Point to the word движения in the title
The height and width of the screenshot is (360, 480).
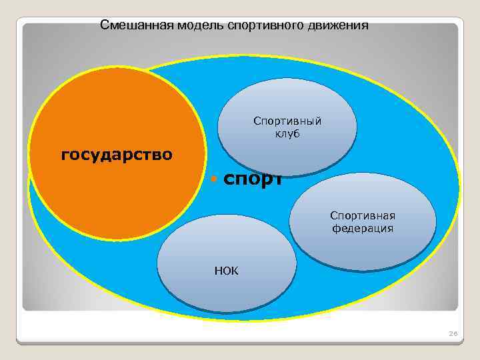point(337,26)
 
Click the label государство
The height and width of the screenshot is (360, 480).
point(117,155)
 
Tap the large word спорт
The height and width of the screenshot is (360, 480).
point(253,179)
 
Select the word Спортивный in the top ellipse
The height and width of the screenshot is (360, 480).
point(287,121)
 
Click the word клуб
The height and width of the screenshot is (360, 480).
point(287,133)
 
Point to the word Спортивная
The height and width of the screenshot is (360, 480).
point(363,215)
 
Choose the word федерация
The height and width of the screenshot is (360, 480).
point(363,228)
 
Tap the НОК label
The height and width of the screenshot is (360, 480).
point(227,271)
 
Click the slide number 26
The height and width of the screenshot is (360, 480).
point(453,333)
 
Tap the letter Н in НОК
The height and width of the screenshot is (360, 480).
point(218,271)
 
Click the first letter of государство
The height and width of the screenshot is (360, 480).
point(64,156)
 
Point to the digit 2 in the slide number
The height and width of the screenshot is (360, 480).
point(451,333)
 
